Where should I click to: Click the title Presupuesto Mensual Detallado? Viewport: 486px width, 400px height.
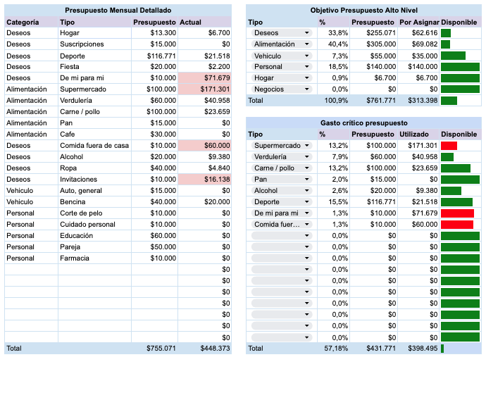(x=118, y=11)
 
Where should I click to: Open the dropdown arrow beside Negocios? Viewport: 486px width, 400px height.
(x=306, y=89)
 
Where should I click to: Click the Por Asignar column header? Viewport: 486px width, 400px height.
(x=418, y=22)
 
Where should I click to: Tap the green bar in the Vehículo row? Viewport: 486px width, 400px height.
(x=453, y=56)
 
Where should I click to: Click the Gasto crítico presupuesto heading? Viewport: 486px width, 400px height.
(x=363, y=123)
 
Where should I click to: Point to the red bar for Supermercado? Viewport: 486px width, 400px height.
(x=449, y=146)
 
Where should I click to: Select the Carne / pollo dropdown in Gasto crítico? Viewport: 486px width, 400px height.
(x=280, y=168)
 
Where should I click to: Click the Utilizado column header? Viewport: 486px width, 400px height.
(x=414, y=135)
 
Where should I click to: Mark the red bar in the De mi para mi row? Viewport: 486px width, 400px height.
(x=457, y=213)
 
